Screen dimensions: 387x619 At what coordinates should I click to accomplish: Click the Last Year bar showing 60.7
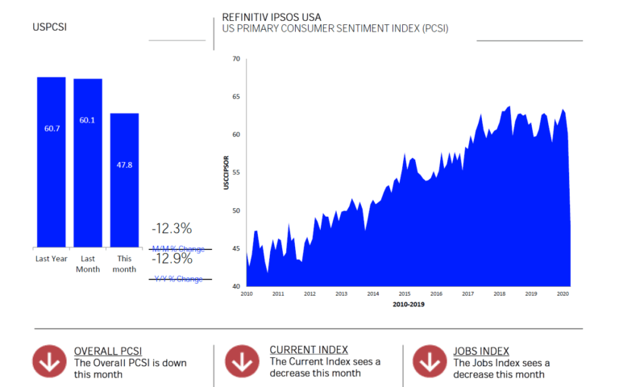(x=52, y=161)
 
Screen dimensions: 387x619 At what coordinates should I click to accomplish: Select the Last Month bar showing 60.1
(x=88, y=162)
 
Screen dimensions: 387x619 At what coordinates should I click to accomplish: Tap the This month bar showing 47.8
(x=125, y=179)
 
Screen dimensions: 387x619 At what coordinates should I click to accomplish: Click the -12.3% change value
(x=172, y=229)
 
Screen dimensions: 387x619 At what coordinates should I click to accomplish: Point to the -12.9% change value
(x=172, y=259)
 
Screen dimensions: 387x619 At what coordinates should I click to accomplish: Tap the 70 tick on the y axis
(x=235, y=59)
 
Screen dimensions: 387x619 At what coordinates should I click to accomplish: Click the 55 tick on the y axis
(x=235, y=173)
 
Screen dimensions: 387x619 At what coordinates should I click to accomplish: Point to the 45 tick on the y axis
(x=235, y=248)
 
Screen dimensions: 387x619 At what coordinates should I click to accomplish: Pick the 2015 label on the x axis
(x=404, y=294)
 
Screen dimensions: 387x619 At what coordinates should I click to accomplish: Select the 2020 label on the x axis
(x=561, y=294)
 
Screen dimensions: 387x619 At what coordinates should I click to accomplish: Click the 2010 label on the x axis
(x=247, y=294)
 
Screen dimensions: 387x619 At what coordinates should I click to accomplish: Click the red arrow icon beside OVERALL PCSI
(x=49, y=362)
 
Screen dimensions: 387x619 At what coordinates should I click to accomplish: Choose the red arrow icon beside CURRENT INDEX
(x=241, y=362)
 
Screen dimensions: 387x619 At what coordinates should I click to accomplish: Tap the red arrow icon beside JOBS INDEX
(x=428, y=362)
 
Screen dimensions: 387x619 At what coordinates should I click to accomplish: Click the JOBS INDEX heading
(x=481, y=350)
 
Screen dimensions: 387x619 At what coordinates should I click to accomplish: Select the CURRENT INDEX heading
(x=309, y=350)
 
